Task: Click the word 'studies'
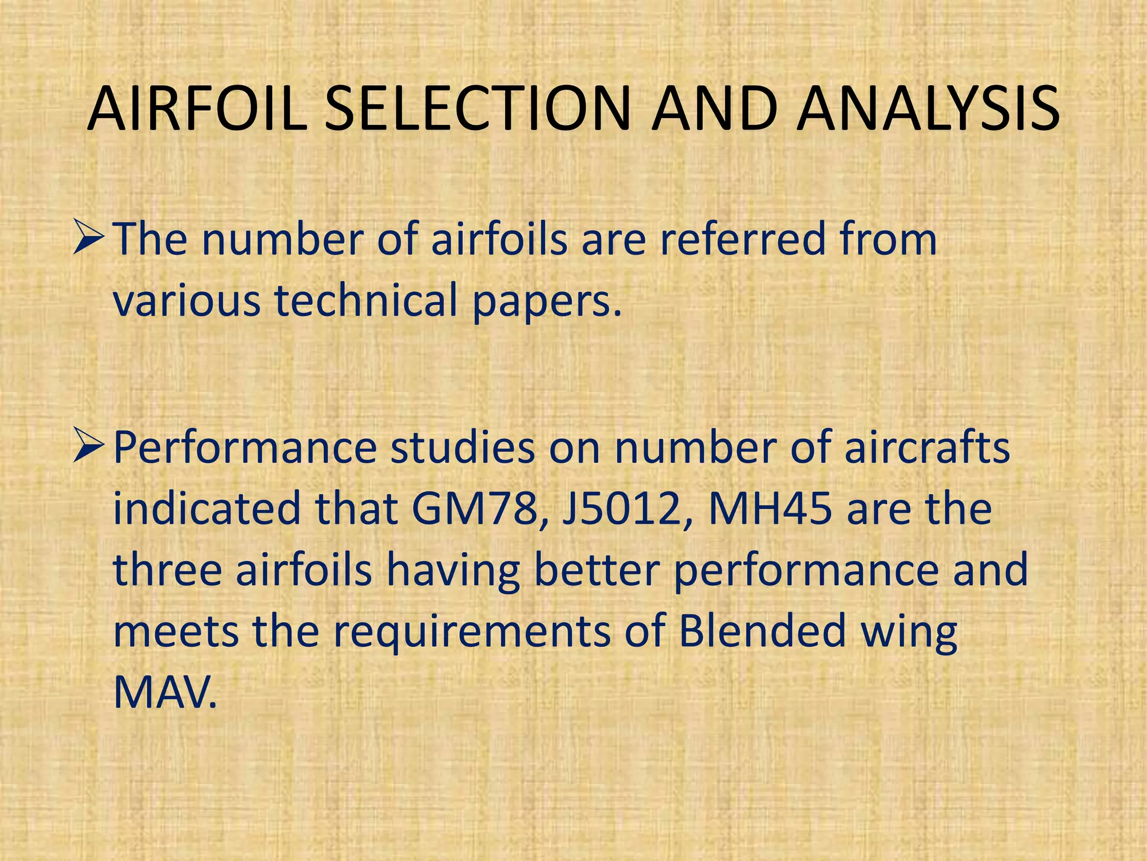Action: (463, 449)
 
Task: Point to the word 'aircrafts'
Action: (927, 449)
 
